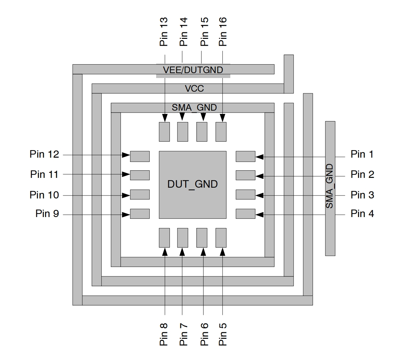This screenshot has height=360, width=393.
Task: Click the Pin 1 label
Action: click(x=362, y=154)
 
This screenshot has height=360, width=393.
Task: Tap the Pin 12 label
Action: click(x=44, y=154)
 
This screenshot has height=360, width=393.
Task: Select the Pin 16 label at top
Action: click(x=222, y=32)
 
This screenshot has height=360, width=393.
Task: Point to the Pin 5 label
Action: click(x=223, y=334)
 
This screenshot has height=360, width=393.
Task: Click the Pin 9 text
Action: click(x=47, y=214)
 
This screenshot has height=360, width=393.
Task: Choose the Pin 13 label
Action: click(x=164, y=32)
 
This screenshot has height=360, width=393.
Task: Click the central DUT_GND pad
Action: click(x=192, y=184)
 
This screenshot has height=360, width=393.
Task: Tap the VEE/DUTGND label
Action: click(x=193, y=70)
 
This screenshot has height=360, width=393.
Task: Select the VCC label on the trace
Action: click(x=194, y=88)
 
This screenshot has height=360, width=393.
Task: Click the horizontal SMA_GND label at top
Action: click(x=194, y=108)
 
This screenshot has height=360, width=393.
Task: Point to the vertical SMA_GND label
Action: click(x=330, y=186)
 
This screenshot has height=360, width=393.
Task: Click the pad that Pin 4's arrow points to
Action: click(x=245, y=214)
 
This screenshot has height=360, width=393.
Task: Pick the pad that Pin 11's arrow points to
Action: click(x=140, y=175)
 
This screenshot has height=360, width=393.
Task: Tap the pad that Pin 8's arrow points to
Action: click(x=164, y=238)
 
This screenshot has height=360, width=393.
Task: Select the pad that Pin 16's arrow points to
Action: click(x=221, y=132)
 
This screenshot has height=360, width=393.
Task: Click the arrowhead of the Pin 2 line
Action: click(x=260, y=176)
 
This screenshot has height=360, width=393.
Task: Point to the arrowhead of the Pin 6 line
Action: click(x=203, y=252)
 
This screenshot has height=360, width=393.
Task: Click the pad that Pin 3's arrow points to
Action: click(x=245, y=195)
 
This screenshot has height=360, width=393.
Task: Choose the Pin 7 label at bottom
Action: click(x=184, y=334)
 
